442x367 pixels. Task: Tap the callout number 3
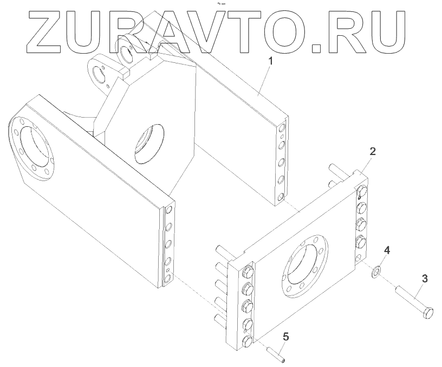point(425,279)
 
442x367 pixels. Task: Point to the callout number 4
point(387,250)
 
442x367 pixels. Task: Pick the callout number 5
point(285,337)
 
